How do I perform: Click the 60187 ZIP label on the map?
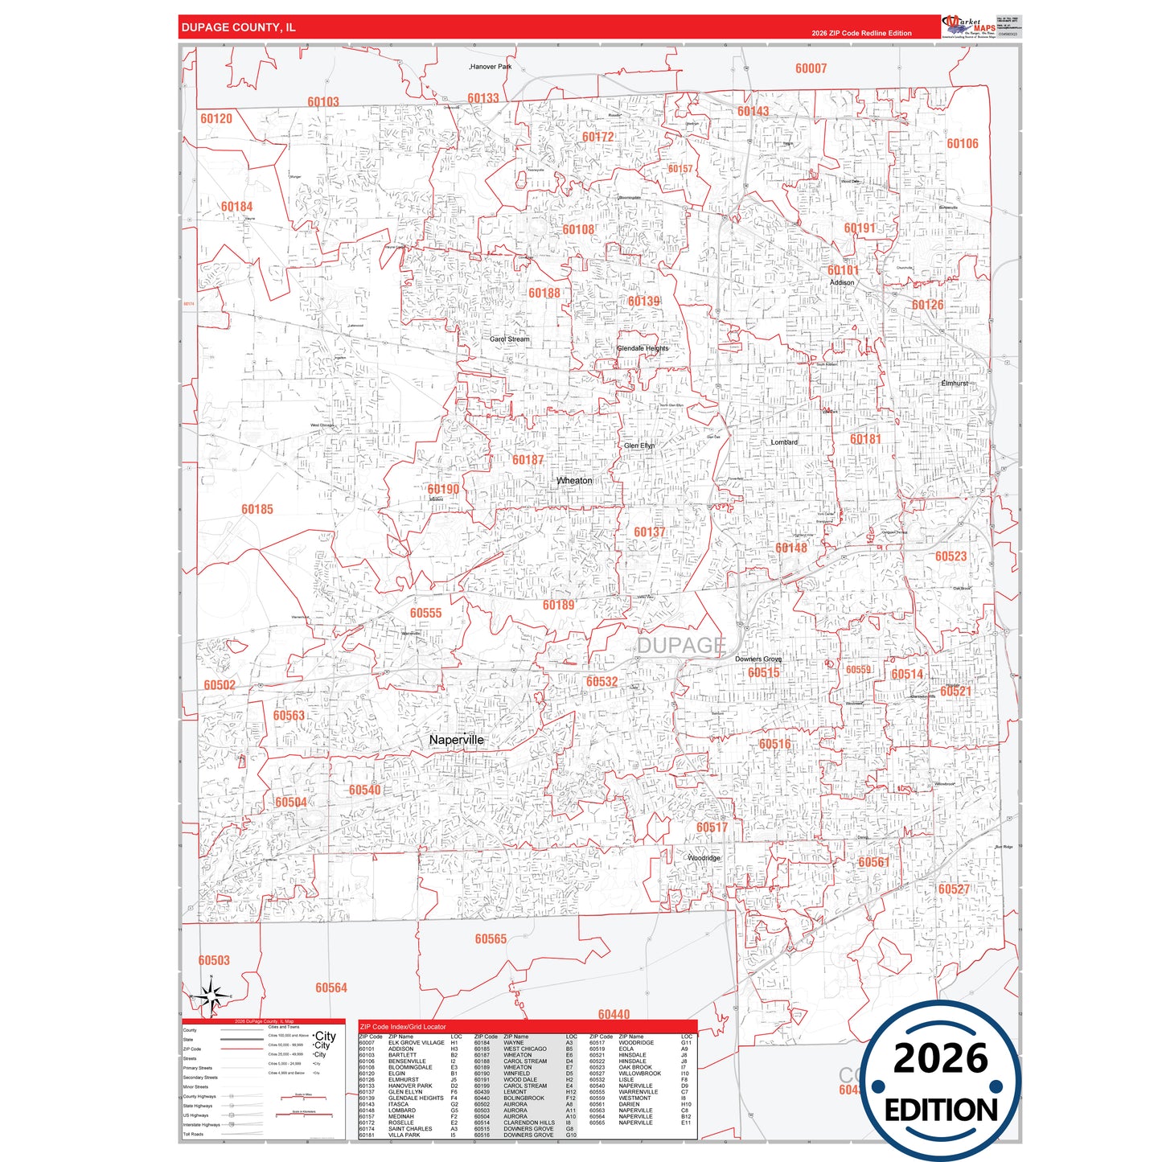coord(528,460)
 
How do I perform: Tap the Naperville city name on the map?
coord(457,740)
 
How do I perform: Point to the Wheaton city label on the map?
coord(574,481)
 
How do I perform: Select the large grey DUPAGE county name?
coord(681,645)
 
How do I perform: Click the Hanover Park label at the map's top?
coord(491,67)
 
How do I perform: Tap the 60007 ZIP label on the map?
coord(811,68)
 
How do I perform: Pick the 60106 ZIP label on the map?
coord(963,144)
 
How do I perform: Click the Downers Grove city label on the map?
coord(758,659)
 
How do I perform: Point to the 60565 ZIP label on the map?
coord(491,939)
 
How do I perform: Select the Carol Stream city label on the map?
coord(510,339)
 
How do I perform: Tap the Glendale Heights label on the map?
coord(643,348)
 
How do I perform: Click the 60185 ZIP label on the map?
coord(257,509)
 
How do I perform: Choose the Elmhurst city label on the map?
coord(955,384)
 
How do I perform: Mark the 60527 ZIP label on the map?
coord(954,889)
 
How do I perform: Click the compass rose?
coord(211,996)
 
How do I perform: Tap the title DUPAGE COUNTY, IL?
coord(238,27)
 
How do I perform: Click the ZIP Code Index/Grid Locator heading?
coord(403,1027)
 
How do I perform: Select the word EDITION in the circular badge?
coord(941,1111)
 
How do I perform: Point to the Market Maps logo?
coord(970,27)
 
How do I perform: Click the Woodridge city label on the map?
coord(704,858)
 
